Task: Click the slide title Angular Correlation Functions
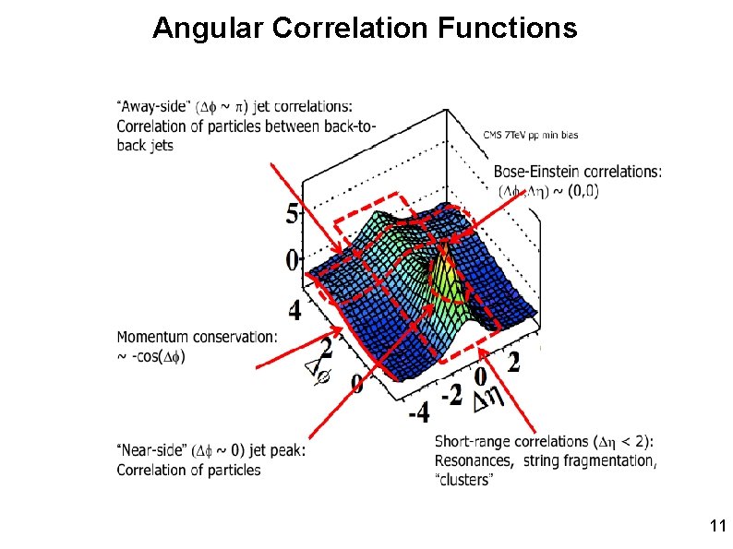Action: click(x=365, y=29)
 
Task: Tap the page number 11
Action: click(x=717, y=527)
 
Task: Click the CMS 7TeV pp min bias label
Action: click(x=531, y=136)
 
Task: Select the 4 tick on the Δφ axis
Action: click(x=294, y=311)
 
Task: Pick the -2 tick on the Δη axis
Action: click(x=451, y=394)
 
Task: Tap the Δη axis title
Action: click(x=487, y=399)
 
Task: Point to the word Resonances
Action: click(x=474, y=460)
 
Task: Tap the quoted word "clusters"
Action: click(x=464, y=480)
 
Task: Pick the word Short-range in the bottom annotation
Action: click(x=473, y=441)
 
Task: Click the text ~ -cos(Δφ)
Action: click(x=150, y=357)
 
